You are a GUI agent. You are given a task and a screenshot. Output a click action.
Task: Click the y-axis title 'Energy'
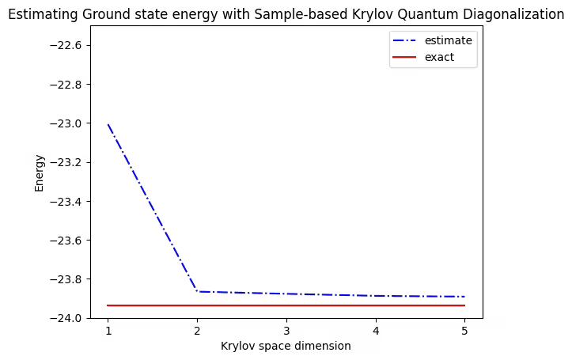[40, 172]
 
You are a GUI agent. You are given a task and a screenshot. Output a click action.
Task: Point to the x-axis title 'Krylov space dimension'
[286, 347]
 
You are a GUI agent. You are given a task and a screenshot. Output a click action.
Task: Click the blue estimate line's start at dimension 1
[108, 124]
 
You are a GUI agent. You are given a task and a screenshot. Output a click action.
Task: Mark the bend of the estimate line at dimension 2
[197, 292]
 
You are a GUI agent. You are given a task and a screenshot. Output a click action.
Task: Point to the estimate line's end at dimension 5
[464, 297]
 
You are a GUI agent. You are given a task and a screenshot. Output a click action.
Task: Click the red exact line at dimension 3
[286, 305]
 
